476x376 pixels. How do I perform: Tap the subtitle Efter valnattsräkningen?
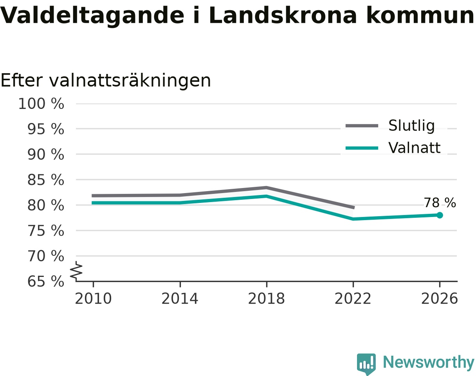106,81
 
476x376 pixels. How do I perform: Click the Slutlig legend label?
411,126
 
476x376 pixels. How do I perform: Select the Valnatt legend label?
414,148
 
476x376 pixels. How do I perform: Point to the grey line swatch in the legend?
362,126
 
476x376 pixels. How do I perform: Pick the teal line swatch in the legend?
362,148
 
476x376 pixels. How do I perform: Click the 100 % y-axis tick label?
41,103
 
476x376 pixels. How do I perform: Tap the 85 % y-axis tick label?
45,180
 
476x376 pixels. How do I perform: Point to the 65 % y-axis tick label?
45,282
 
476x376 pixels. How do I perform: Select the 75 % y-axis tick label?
45,231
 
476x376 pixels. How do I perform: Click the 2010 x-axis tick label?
93,299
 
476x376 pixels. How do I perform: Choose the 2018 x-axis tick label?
266,299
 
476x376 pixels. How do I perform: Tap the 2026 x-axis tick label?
439,299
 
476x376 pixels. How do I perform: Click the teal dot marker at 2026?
440,215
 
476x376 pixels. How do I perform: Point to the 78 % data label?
440,203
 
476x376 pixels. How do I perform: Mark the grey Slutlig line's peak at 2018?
267,188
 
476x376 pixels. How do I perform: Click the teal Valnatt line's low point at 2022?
353,219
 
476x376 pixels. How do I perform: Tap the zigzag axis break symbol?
76,271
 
